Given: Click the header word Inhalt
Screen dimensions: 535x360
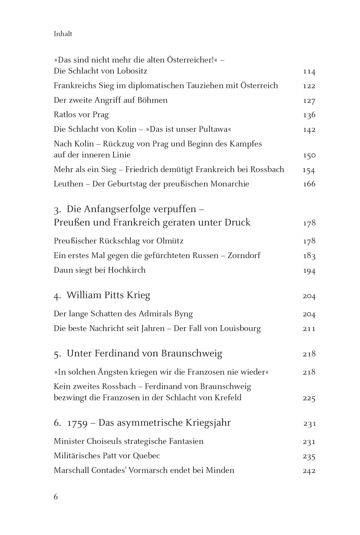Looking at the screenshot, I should (x=63, y=34).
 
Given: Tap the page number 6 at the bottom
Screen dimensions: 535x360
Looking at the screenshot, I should (x=56, y=497).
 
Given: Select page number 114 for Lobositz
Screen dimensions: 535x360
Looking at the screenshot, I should (x=309, y=71).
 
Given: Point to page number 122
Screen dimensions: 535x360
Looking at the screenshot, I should (x=309, y=86).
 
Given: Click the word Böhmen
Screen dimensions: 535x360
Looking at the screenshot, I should (x=153, y=101).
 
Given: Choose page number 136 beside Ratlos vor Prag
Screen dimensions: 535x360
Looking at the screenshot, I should (x=309, y=115).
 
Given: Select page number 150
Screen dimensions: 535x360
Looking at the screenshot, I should (x=309, y=156).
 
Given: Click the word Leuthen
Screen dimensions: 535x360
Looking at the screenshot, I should (x=68, y=184).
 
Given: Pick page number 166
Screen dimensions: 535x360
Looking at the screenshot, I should (x=309, y=184).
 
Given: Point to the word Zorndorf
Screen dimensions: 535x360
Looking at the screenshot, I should (x=244, y=256).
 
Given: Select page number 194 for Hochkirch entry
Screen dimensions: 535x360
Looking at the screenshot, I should (x=309, y=271).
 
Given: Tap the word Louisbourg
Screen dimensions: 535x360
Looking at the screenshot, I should (x=240, y=329).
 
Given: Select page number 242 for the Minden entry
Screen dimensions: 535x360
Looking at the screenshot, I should (x=309, y=471).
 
